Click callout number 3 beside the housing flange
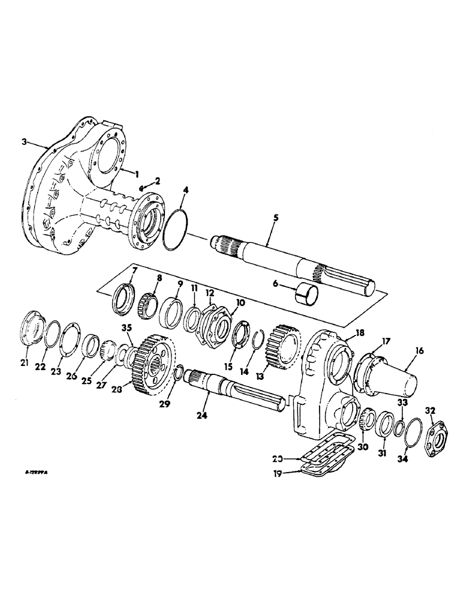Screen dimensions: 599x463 pyautogui.click(x=23, y=142)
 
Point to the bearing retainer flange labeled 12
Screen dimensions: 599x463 pyautogui.click(x=215, y=323)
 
